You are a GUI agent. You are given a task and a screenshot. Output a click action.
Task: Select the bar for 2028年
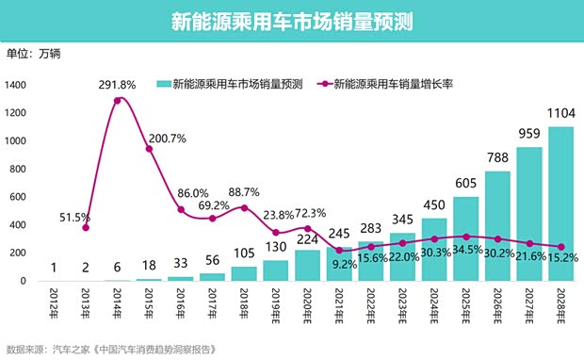560,204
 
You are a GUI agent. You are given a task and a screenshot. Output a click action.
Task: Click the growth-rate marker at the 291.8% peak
119,100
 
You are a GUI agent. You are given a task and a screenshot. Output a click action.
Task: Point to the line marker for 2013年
87,227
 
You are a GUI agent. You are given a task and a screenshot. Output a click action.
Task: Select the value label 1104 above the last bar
560,112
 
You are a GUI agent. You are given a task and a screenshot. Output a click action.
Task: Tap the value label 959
528,133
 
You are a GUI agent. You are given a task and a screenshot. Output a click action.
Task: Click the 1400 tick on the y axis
18,86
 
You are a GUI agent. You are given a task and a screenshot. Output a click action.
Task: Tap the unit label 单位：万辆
33,54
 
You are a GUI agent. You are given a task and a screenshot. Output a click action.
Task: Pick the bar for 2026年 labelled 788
497,226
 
